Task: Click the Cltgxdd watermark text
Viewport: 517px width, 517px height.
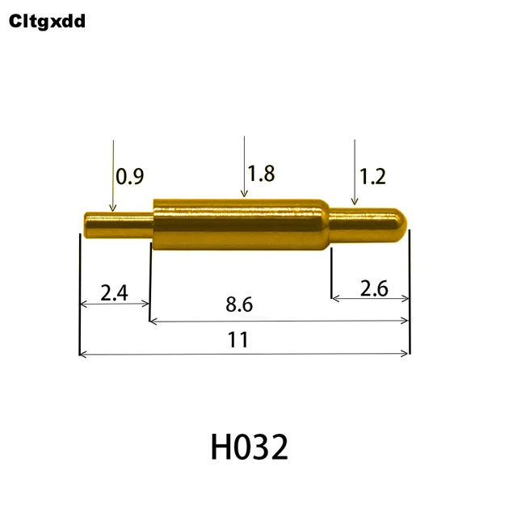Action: pos(47,21)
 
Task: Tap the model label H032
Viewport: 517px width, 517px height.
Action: pos(249,447)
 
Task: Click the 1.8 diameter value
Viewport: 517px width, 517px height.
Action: pos(261,173)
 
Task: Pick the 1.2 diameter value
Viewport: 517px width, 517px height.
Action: pos(372,176)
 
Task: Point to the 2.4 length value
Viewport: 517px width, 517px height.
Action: pos(114,292)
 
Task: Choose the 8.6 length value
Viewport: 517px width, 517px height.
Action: pos(239,305)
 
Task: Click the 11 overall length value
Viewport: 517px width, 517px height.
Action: pos(237,339)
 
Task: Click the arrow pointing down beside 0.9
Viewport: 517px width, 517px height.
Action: pos(113,174)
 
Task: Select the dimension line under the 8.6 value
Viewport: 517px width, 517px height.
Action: pos(279,321)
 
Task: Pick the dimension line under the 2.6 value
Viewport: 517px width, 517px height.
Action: pos(371,298)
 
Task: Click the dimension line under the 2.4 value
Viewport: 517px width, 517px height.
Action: pos(114,304)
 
